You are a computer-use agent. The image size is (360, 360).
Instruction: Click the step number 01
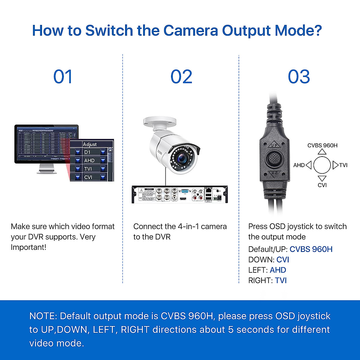click(63, 77)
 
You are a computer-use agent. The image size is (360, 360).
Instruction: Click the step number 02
click(181, 77)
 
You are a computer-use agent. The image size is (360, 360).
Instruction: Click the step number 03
click(299, 77)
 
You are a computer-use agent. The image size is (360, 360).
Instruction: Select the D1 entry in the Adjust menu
click(88, 152)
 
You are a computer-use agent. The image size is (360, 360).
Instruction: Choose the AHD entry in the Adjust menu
click(89, 160)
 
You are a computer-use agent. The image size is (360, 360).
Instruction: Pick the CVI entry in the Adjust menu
click(88, 177)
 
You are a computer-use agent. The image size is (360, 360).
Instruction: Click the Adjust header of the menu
click(90, 144)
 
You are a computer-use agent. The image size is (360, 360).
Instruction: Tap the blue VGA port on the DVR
click(185, 191)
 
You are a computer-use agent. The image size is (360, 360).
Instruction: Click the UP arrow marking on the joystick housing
click(274, 145)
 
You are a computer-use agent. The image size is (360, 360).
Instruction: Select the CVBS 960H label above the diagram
click(322, 145)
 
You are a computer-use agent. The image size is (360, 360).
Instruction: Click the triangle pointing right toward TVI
click(335, 165)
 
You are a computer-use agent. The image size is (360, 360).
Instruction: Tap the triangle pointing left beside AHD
click(309, 165)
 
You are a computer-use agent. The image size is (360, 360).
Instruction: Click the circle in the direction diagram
click(322, 165)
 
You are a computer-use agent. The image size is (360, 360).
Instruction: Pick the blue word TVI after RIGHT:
click(281, 280)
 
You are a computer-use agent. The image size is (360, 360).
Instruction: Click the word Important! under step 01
click(28, 247)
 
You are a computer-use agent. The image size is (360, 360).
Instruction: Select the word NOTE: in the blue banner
click(43, 316)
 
